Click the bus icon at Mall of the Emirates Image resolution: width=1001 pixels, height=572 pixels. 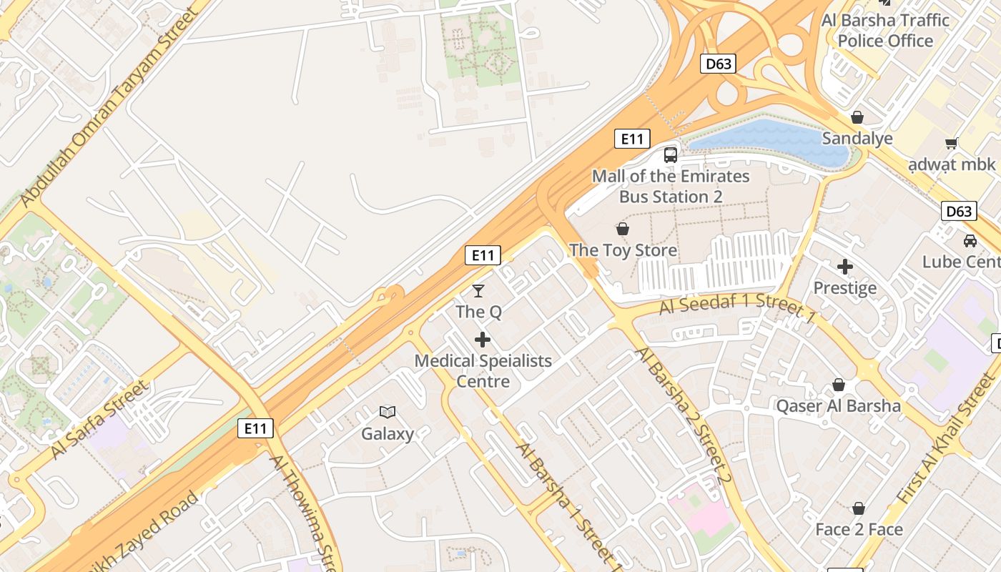pyautogui.click(x=671, y=154)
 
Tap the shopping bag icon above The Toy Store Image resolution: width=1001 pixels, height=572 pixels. pyautogui.click(x=623, y=229)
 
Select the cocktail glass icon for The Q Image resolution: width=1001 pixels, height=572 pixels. pyautogui.click(x=478, y=290)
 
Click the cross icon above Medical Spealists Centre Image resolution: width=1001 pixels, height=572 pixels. pyautogui.click(x=483, y=339)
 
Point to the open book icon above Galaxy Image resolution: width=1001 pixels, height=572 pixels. pyautogui.click(x=388, y=412)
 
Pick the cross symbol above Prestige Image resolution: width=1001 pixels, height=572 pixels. pyautogui.click(x=845, y=267)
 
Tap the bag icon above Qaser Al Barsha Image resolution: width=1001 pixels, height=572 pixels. pyautogui.click(x=839, y=385)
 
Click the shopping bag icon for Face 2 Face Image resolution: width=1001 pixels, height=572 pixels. pyautogui.click(x=859, y=508)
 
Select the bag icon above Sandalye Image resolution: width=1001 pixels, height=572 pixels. pyautogui.click(x=857, y=117)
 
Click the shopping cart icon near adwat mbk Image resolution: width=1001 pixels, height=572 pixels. pyautogui.click(x=951, y=143)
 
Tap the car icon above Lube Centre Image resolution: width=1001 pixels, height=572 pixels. pyautogui.click(x=970, y=240)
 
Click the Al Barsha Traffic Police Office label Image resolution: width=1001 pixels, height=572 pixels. pyautogui.click(x=885, y=31)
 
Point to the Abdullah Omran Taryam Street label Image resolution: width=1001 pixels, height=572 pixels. pyautogui.click(x=109, y=107)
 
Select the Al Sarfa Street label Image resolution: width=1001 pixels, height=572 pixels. pyautogui.click(x=100, y=420)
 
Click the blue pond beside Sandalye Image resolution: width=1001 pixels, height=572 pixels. pyautogui.click(x=772, y=139)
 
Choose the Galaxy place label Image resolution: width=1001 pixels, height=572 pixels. pyautogui.click(x=388, y=433)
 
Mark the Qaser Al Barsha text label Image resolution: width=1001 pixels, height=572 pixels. pyautogui.click(x=839, y=406)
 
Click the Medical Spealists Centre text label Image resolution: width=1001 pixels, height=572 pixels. pyautogui.click(x=483, y=370)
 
